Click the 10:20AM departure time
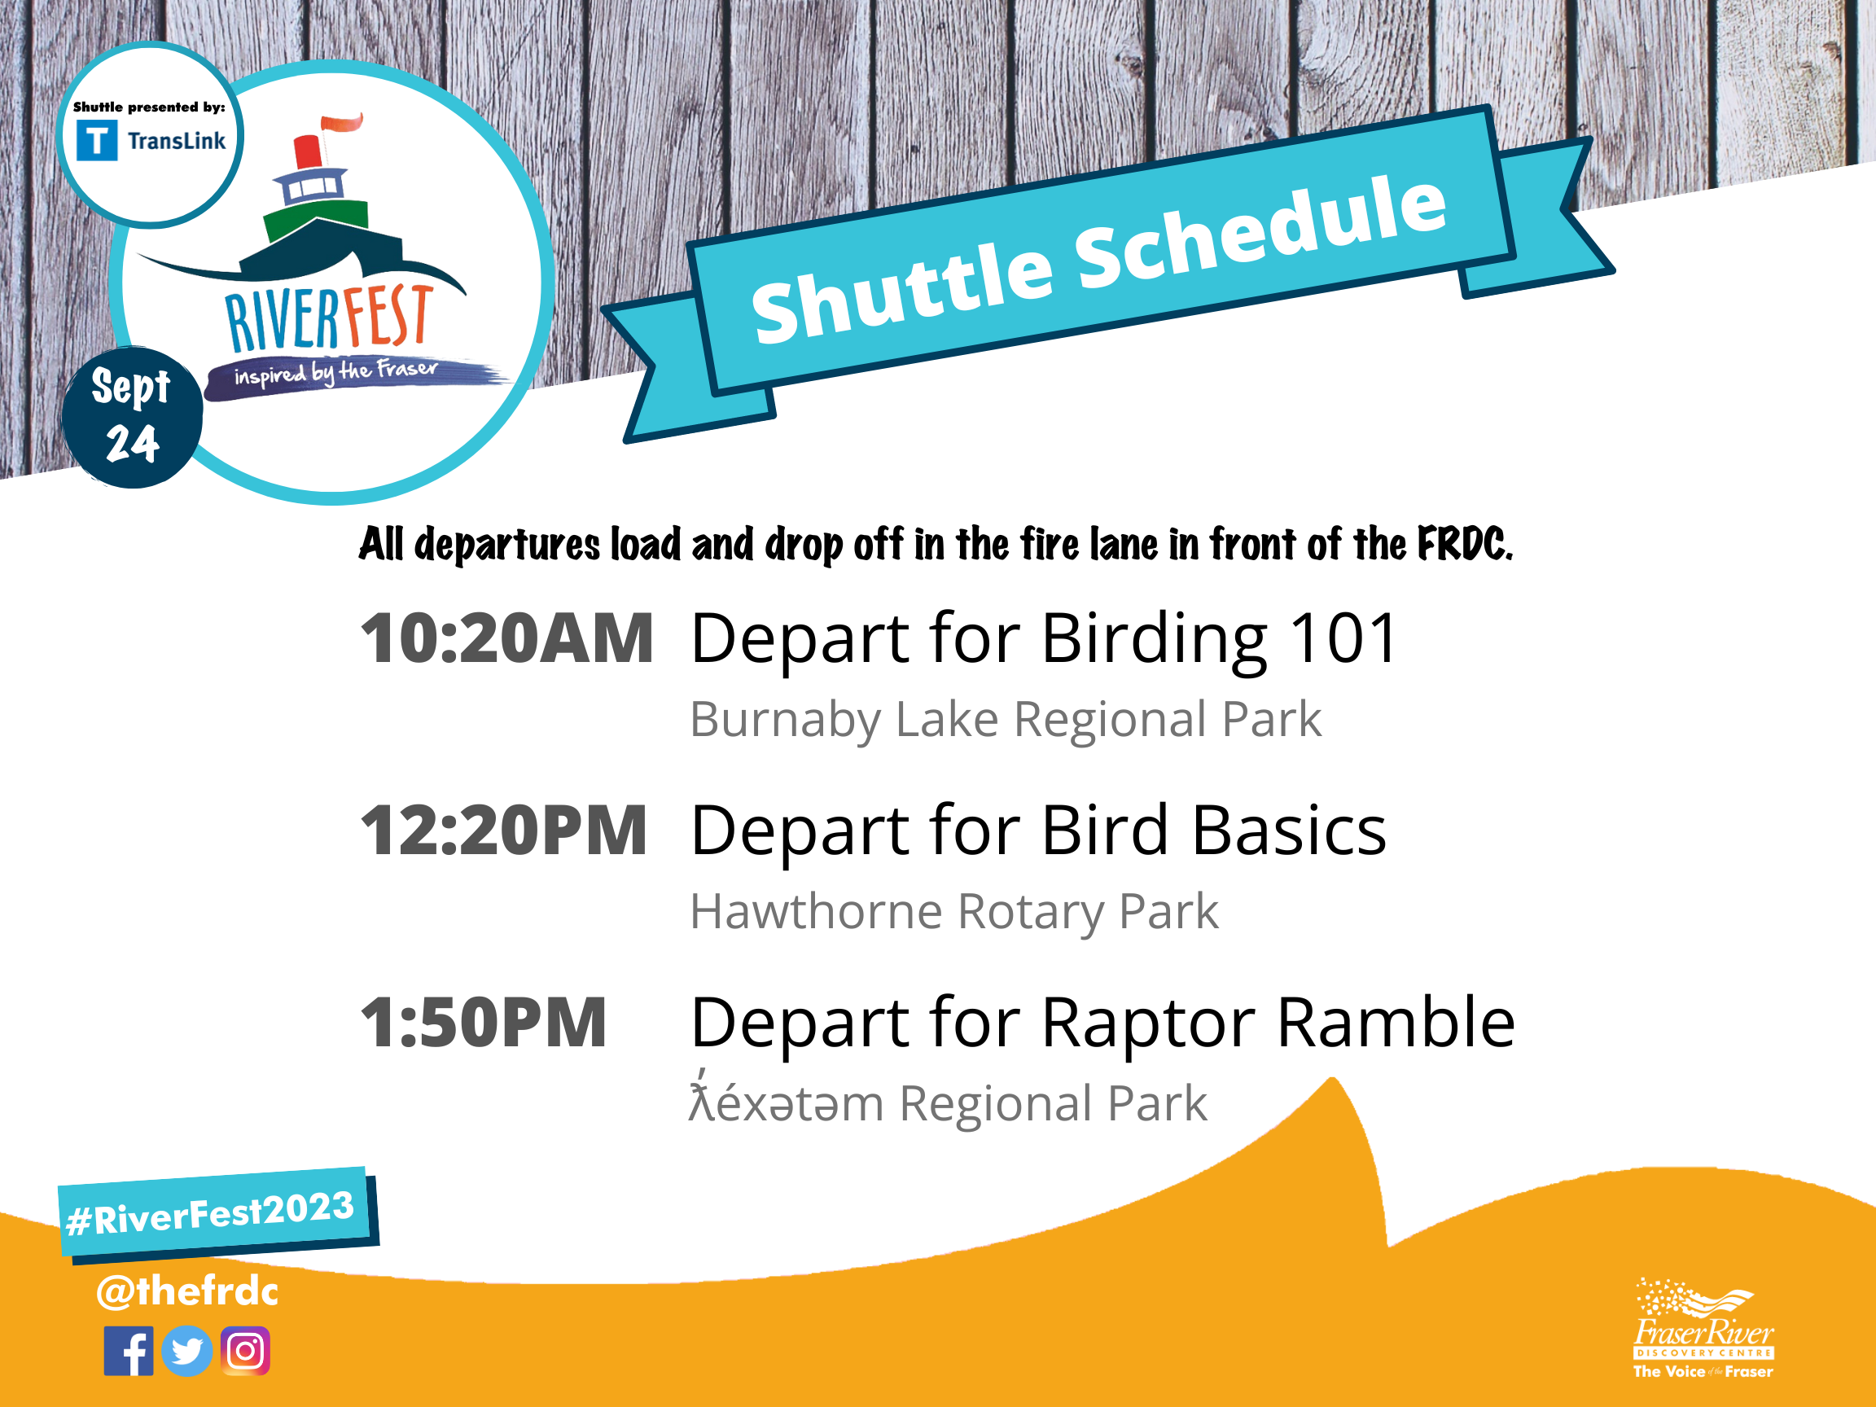[x=507, y=638]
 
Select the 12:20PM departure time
[x=504, y=831]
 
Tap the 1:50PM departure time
[x=484, y=1022]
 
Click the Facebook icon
[x=129, y=1351]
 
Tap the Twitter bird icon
[x=186, y=1351]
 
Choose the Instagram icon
[x=245, y=1351]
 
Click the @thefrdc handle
[x=186, y=1291]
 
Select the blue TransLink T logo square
[x=97, y=140]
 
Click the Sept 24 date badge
[x=132, y=416]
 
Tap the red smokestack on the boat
[x=306, y=151]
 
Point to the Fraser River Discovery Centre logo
[x=1703, y=1328]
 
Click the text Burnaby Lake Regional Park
[x=1005, y=719]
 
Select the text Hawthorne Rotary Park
[x=954, y=912]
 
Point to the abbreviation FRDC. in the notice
[x=1465, y=544]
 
